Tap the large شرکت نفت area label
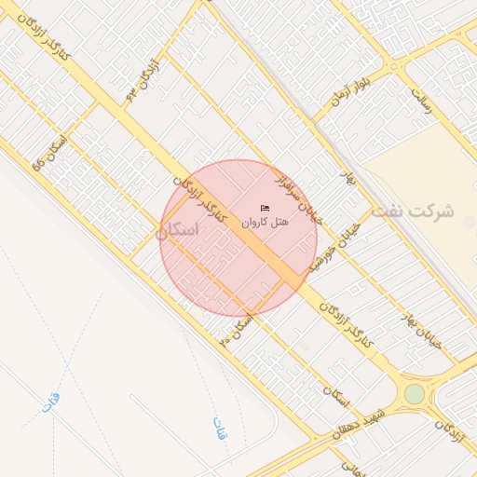coord(412,211)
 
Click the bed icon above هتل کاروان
coord(266,208)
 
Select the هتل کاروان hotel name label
coord(266,223)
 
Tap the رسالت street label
coord(424,101)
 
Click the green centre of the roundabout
coord(414,393)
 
